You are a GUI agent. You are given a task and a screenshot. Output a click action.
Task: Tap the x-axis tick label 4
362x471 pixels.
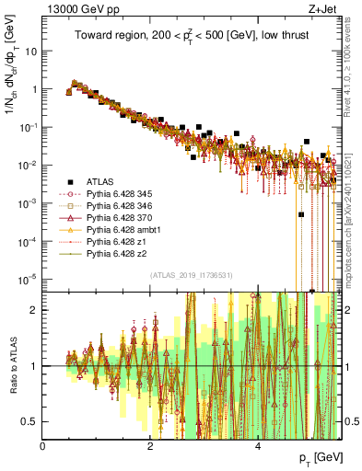click(257, 446)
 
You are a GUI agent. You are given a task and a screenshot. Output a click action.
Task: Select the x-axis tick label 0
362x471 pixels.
click(42, 446)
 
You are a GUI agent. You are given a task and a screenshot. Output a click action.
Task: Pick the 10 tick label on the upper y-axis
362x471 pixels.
click(29, 51)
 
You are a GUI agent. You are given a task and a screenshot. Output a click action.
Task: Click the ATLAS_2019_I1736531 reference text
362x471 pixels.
click(191, 275)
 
